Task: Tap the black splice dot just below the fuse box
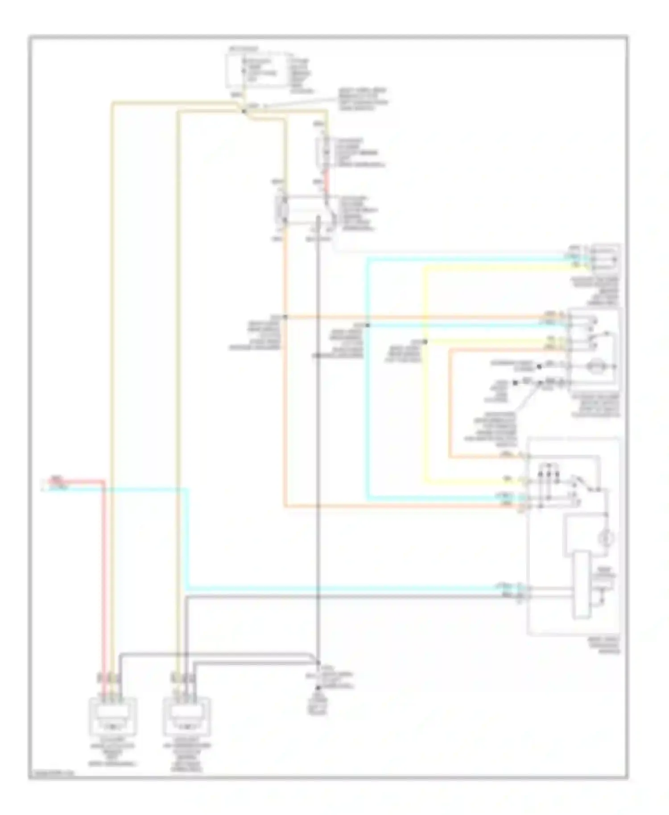point(244,111)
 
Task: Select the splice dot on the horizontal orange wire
point(285,317)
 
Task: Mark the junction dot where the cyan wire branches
point(368,325)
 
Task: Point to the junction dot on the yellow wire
point(425,342)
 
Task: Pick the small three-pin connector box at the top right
point(605,258)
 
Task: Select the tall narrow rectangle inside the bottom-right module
point(581,585)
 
